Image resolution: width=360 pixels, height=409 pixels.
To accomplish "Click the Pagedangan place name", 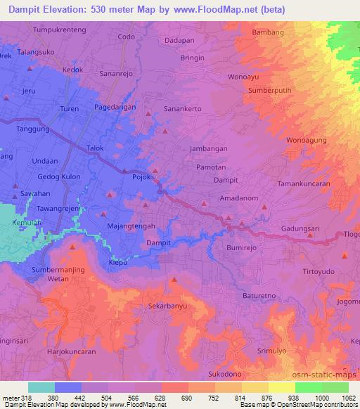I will point(115,108).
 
